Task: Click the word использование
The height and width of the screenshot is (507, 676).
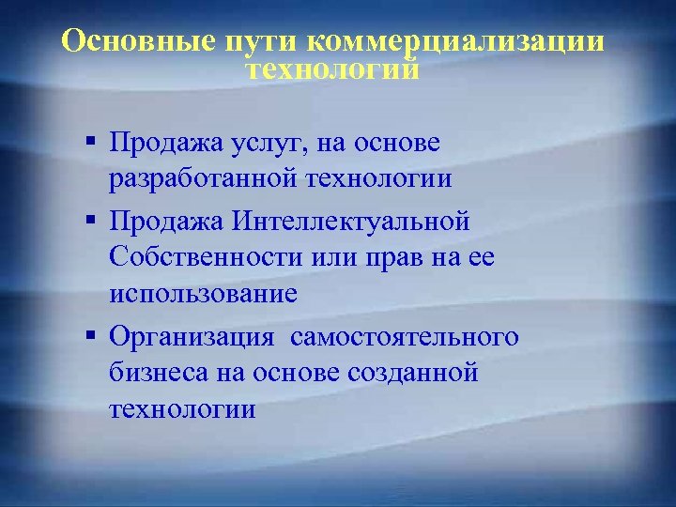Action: tap(203, 293)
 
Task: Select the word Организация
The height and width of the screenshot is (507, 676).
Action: tap(192, 336)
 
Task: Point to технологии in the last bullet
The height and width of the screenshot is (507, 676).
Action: tap(181, 408)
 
